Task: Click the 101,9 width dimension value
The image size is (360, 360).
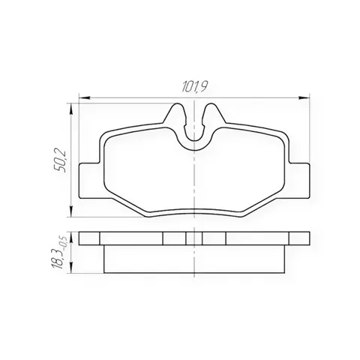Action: (x=195, y=86)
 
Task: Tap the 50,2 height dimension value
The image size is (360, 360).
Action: (x=60, y=160)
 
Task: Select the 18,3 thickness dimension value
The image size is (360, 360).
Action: (x=58, y=259)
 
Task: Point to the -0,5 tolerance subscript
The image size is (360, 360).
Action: (x=63, y=243)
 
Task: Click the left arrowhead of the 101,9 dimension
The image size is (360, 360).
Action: (x=84, y=97)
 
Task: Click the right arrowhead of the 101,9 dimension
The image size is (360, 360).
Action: (x=304, y=97)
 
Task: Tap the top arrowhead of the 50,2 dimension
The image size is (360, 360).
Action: (x=71, y=109)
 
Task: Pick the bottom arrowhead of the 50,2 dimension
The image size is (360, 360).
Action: (x=71, y=211)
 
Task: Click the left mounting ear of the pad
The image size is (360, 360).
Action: (x=89, y=181)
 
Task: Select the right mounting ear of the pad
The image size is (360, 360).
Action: (x=299, y=181)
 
